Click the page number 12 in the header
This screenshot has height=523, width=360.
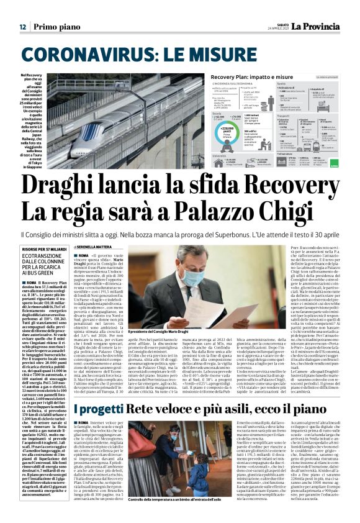[22, 27]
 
